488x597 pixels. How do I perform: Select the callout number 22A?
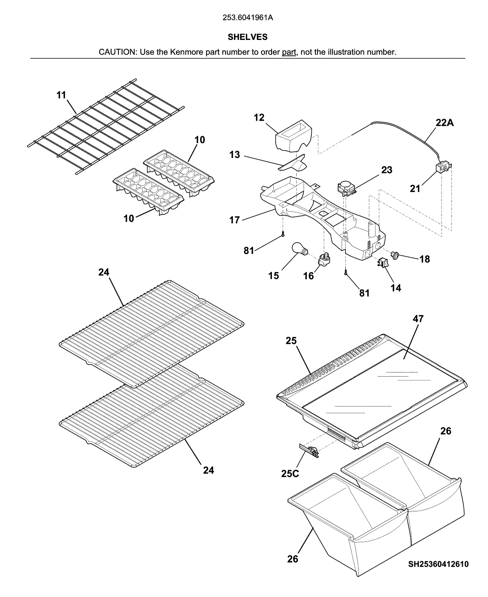click(444, 123)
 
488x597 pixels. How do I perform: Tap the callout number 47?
click(418, 318)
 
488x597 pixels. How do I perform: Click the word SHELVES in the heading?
click(247, 37)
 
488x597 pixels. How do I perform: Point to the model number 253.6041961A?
click(247, 18)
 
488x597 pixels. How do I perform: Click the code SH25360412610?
click(438, 564)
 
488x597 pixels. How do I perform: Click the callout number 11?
click(61, 95)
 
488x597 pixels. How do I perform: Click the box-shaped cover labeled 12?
click(294, 136)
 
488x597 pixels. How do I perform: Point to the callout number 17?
click(234, 220)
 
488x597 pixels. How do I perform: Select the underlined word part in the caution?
click(289, 52)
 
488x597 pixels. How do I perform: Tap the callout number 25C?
click(290, 473)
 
